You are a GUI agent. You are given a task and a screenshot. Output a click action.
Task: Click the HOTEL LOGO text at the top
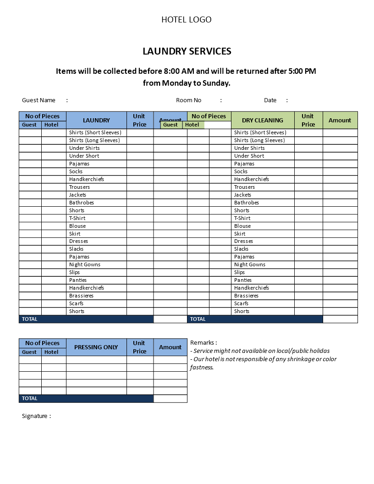pos(187,20)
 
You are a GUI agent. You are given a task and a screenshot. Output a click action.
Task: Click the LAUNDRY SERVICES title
pos(187,51)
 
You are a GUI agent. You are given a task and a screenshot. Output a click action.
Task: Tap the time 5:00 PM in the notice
pos(302,71)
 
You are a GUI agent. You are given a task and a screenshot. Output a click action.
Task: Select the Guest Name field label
pos(38,100)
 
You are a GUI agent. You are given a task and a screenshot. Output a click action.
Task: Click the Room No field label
pos(188,100)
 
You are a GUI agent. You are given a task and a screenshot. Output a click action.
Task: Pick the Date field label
pos(270,100)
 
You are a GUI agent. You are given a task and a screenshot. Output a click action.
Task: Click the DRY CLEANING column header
pos(263,121)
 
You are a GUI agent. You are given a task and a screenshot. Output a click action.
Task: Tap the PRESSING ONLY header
pos(96,347)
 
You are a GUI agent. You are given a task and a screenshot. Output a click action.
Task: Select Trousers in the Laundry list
pos(79,187)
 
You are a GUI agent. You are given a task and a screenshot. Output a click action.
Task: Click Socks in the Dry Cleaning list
pos(241,171)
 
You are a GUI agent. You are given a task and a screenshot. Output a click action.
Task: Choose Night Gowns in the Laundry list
pos(85,264)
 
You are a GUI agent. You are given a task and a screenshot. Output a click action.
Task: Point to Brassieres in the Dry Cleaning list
pos(246,296)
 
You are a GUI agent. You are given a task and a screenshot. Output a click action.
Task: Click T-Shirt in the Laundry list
pos(77,218)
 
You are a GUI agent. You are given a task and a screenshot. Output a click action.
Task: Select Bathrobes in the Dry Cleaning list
pos(247,203)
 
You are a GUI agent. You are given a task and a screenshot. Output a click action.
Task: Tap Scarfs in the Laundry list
pos(76,303)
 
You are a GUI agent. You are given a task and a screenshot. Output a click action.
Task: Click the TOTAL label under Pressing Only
pos(30,399)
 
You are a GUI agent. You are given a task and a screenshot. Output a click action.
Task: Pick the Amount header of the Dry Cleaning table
pos(340,121)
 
